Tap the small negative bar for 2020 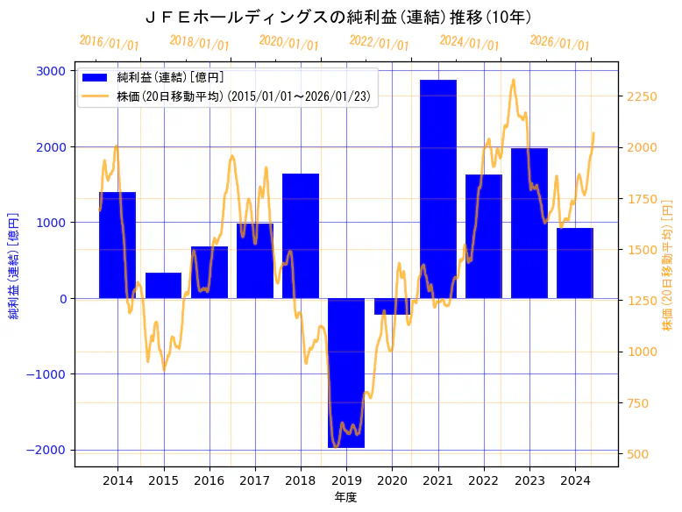[392, 306]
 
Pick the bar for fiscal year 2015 [163, 286]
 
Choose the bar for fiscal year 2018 [301, 236]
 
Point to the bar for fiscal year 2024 [575, 263]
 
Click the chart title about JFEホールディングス [340, 17]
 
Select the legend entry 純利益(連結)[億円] [171, 78]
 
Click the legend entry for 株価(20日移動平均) [245, 96]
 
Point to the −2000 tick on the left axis [47, 450]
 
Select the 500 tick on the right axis [637, 454]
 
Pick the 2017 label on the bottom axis [254, 480]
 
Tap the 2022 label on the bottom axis [483, 480]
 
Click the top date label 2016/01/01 [109, 43]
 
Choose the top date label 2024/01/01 [469, 43]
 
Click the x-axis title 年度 [345, 497]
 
